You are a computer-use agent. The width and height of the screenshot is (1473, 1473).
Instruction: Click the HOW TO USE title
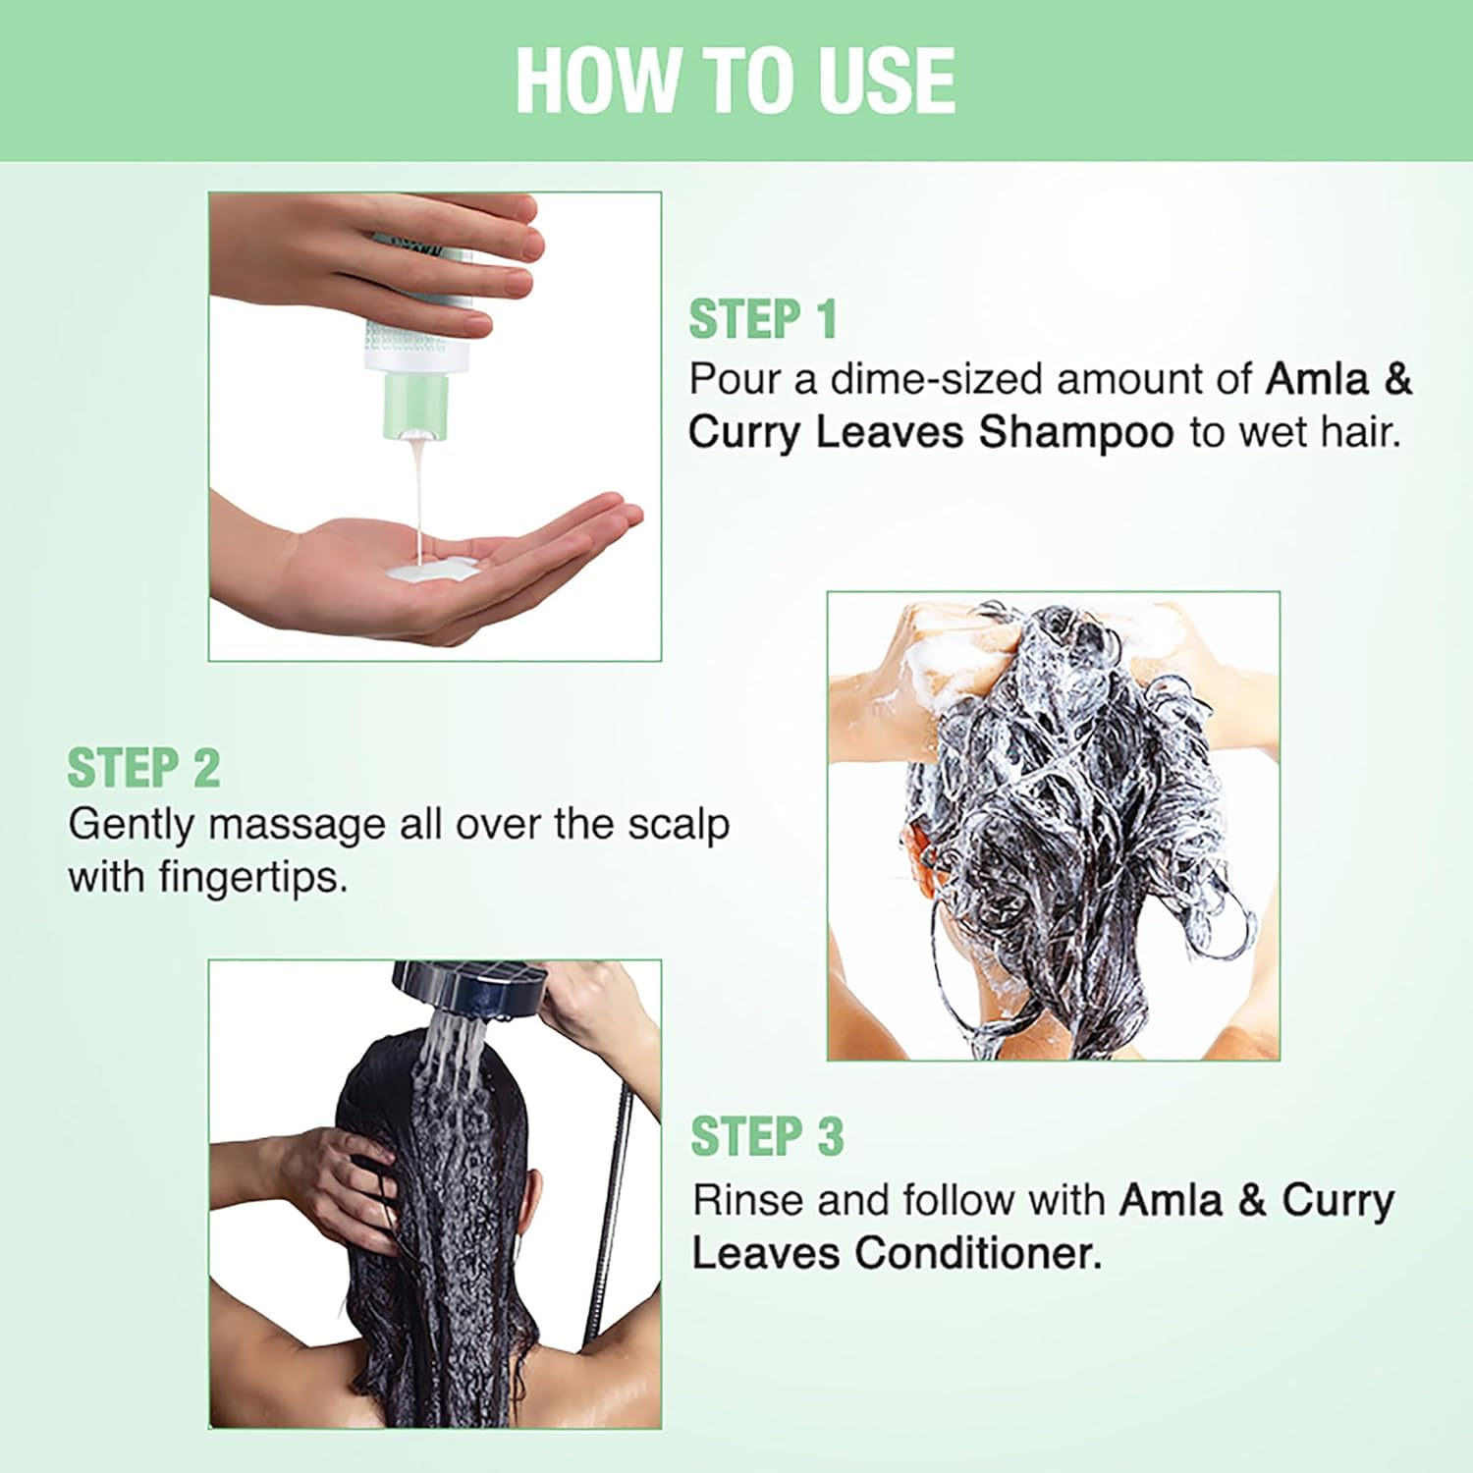736,81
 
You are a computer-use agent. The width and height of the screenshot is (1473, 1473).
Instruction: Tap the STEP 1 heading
763,319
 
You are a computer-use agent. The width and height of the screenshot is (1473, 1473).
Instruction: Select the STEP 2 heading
143,768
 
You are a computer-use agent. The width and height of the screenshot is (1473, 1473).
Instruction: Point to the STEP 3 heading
767,1137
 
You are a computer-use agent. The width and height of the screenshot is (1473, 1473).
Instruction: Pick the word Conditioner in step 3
977,1254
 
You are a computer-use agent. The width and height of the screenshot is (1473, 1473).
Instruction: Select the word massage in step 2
298,825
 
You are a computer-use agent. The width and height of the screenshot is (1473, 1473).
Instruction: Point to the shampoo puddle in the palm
432,571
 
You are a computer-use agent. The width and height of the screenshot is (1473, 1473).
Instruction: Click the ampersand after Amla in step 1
1397,379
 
